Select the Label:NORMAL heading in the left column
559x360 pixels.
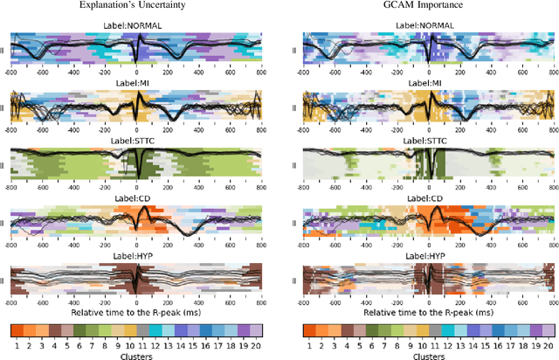click(136, 25)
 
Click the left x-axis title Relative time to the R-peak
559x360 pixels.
click(136, 311)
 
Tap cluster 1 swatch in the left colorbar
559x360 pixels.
click(17, 331)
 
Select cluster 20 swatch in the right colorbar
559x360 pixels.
click(547, 331)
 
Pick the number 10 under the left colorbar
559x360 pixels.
click(130, 344)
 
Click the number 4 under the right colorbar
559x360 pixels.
click(346, 344)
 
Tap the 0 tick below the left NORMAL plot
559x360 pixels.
click(136, 73)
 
